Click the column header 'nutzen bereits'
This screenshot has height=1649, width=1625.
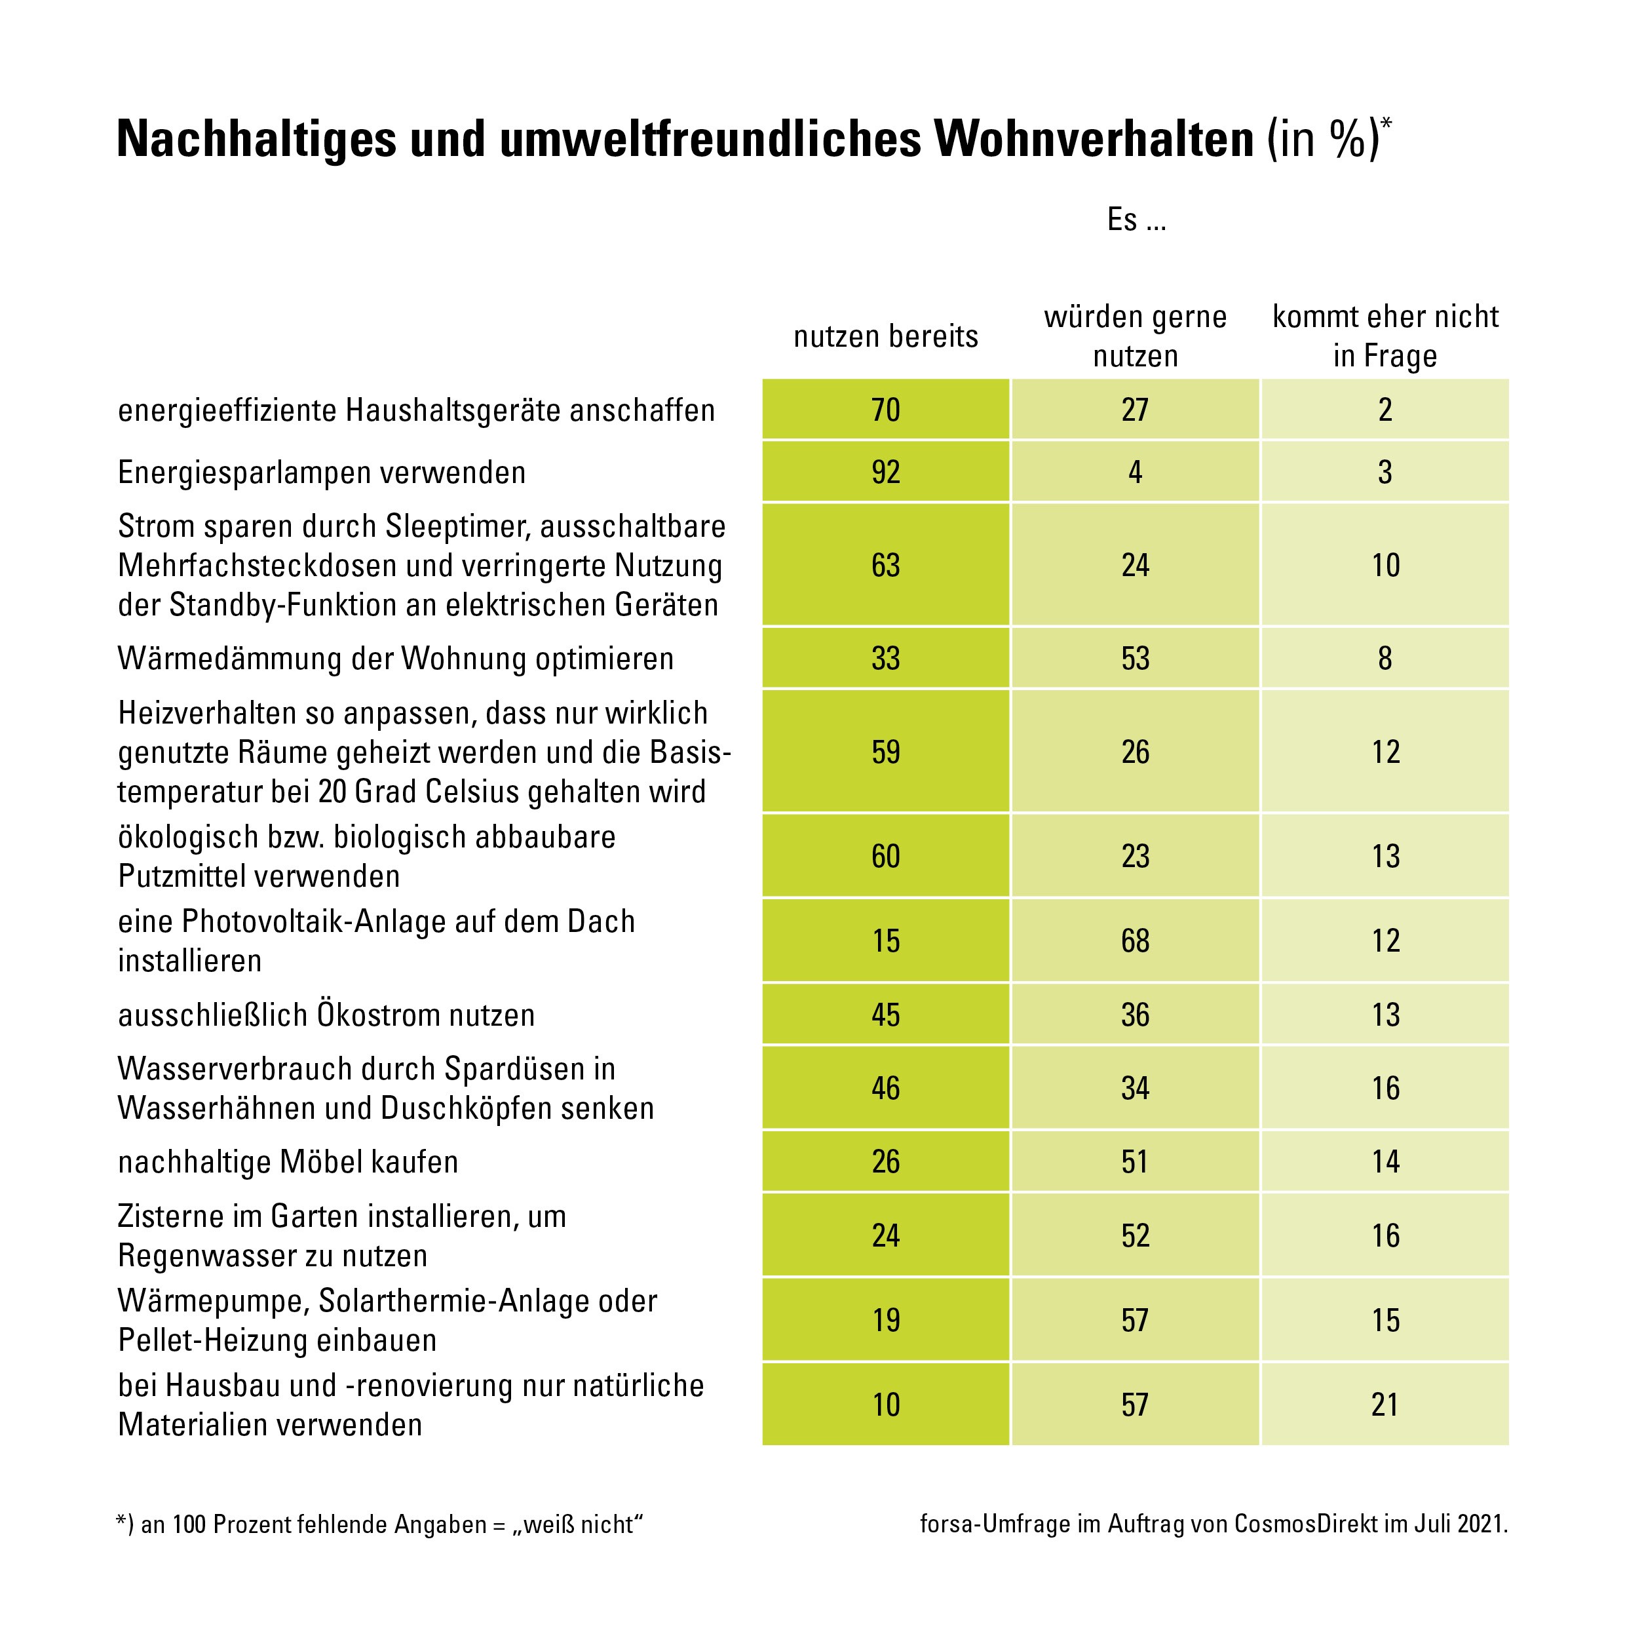(886, 336)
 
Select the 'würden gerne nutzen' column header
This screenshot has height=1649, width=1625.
(1135, 336)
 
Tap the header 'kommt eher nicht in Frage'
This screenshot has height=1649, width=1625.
(1385, 336)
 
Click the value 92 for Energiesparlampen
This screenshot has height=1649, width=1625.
(886, 472)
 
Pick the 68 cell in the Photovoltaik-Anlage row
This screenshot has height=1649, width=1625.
(1135, 941)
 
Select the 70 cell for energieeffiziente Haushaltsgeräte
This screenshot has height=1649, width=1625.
(886, 410)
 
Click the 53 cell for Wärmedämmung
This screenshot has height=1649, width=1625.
(1135, 658)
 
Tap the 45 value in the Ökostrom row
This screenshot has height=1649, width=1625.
(886, 1015)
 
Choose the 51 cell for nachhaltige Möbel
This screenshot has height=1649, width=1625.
(1135, 1161)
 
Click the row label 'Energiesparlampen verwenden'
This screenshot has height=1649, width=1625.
(322, 472)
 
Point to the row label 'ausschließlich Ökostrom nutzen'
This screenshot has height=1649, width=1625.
(327, 1015)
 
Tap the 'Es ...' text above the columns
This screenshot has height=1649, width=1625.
(1136, 220)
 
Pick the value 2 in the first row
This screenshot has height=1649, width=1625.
(1385, 410)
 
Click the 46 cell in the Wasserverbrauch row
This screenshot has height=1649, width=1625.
(886, 1088)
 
